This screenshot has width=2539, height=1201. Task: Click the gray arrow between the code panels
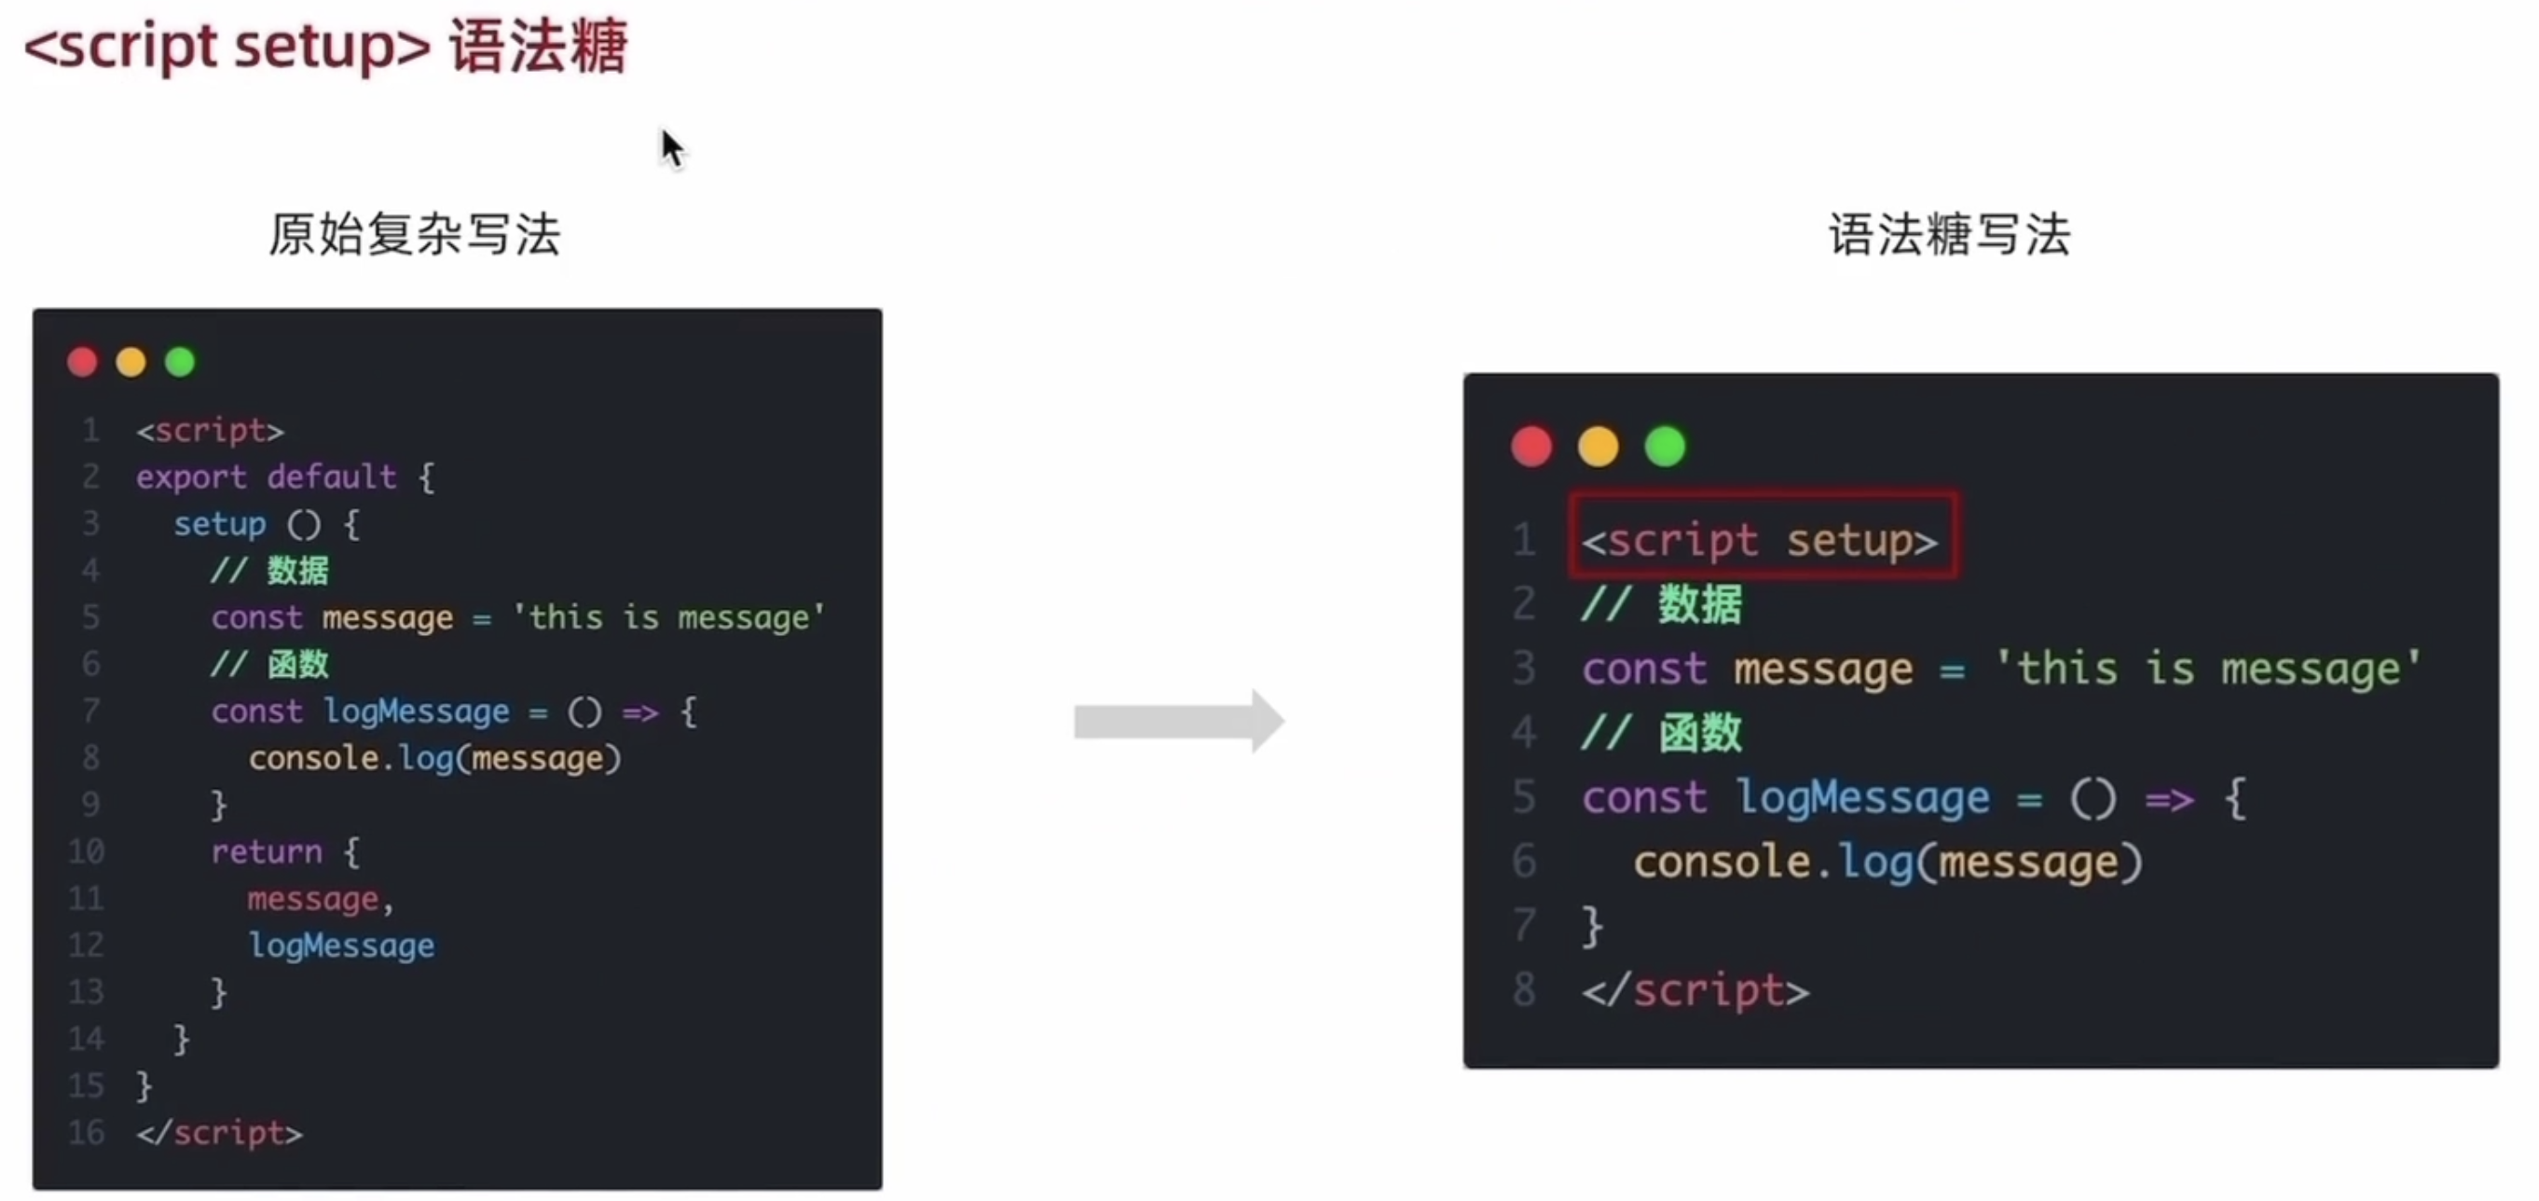pos(1178,721)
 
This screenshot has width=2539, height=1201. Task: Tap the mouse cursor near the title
pos(672,150)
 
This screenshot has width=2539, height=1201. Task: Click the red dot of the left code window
pos(83,362)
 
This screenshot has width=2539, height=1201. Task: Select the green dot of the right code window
pos(1665,447)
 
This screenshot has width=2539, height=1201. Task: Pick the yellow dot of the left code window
pos(131,362)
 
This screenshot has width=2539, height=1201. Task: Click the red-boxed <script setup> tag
pos(1762,539)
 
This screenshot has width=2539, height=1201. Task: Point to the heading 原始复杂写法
pos(414,235)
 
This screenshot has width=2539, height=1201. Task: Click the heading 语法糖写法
pos(1949,235)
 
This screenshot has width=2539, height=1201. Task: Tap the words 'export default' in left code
pos(267,477)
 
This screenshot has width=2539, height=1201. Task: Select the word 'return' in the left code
pos(267,851)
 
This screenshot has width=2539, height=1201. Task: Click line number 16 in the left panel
pos(86,1132)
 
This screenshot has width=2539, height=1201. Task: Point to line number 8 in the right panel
pos(1524,989)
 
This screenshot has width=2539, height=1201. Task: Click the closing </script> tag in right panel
pos(1695,990)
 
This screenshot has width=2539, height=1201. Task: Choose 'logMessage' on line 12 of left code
pos(341,945)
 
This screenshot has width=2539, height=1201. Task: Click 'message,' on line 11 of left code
pos(319,898)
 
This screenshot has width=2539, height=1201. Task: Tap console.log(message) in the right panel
pos(1887,862)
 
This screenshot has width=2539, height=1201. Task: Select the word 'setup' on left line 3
pos(220,524)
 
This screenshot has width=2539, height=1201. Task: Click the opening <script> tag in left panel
pos(210,431)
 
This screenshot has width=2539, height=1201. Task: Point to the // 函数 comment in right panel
pos(1662,733)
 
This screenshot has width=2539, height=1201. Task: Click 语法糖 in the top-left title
pos(538,47)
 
